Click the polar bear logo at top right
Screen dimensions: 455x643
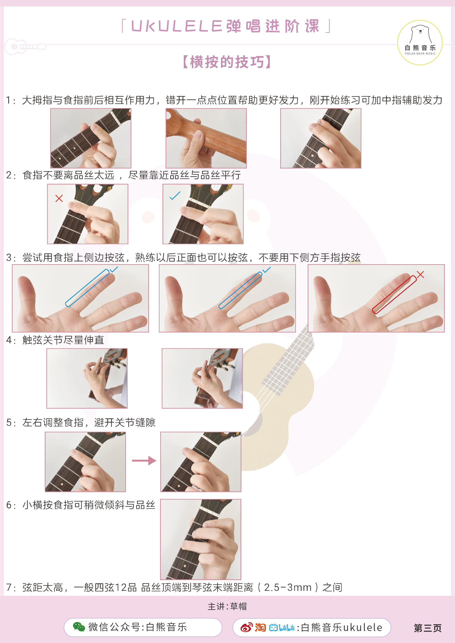(420, 42)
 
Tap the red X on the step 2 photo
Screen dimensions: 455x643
(59, 198)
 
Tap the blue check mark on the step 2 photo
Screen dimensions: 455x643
(175, 195)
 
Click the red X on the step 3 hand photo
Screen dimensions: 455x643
(420, 274)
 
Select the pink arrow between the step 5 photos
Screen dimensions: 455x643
(144, 460)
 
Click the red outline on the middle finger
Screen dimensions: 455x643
(394, 294)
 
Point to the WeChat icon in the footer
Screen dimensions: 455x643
(79, 627)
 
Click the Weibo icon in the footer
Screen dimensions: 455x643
(246, 627)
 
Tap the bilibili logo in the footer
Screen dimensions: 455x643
(281, 628)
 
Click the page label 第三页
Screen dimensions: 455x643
(427, 628)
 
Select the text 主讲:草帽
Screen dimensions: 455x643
(227, 606)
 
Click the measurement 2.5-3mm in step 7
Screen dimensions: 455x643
(288, 587)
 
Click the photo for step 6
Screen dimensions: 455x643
(200, 539)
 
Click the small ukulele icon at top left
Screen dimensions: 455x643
(25, 46)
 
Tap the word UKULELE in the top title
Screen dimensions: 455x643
(177, 26)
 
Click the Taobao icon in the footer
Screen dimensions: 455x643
(260, 627)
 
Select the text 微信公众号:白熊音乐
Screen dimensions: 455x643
(137, 627)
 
